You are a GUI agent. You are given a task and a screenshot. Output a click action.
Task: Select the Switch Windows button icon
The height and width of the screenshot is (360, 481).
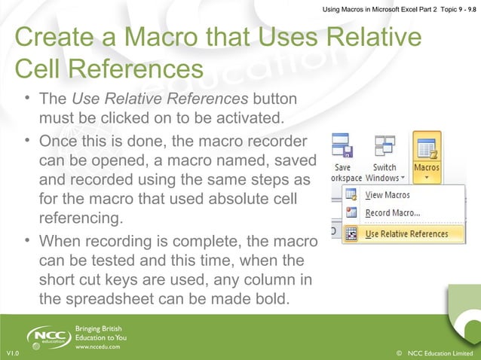click(384, 148)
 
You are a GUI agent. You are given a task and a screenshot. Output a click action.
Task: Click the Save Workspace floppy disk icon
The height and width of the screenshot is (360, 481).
click(342, 148)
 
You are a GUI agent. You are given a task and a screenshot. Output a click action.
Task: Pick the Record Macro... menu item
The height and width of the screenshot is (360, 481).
click(392, 213)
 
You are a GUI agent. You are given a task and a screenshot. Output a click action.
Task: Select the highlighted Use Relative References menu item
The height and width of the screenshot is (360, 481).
click(406, 233)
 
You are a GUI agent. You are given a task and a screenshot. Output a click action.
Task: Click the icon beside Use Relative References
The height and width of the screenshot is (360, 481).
click(351, 233)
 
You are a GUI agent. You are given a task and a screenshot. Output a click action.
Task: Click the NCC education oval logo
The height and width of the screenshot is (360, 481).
click(49, 336)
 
